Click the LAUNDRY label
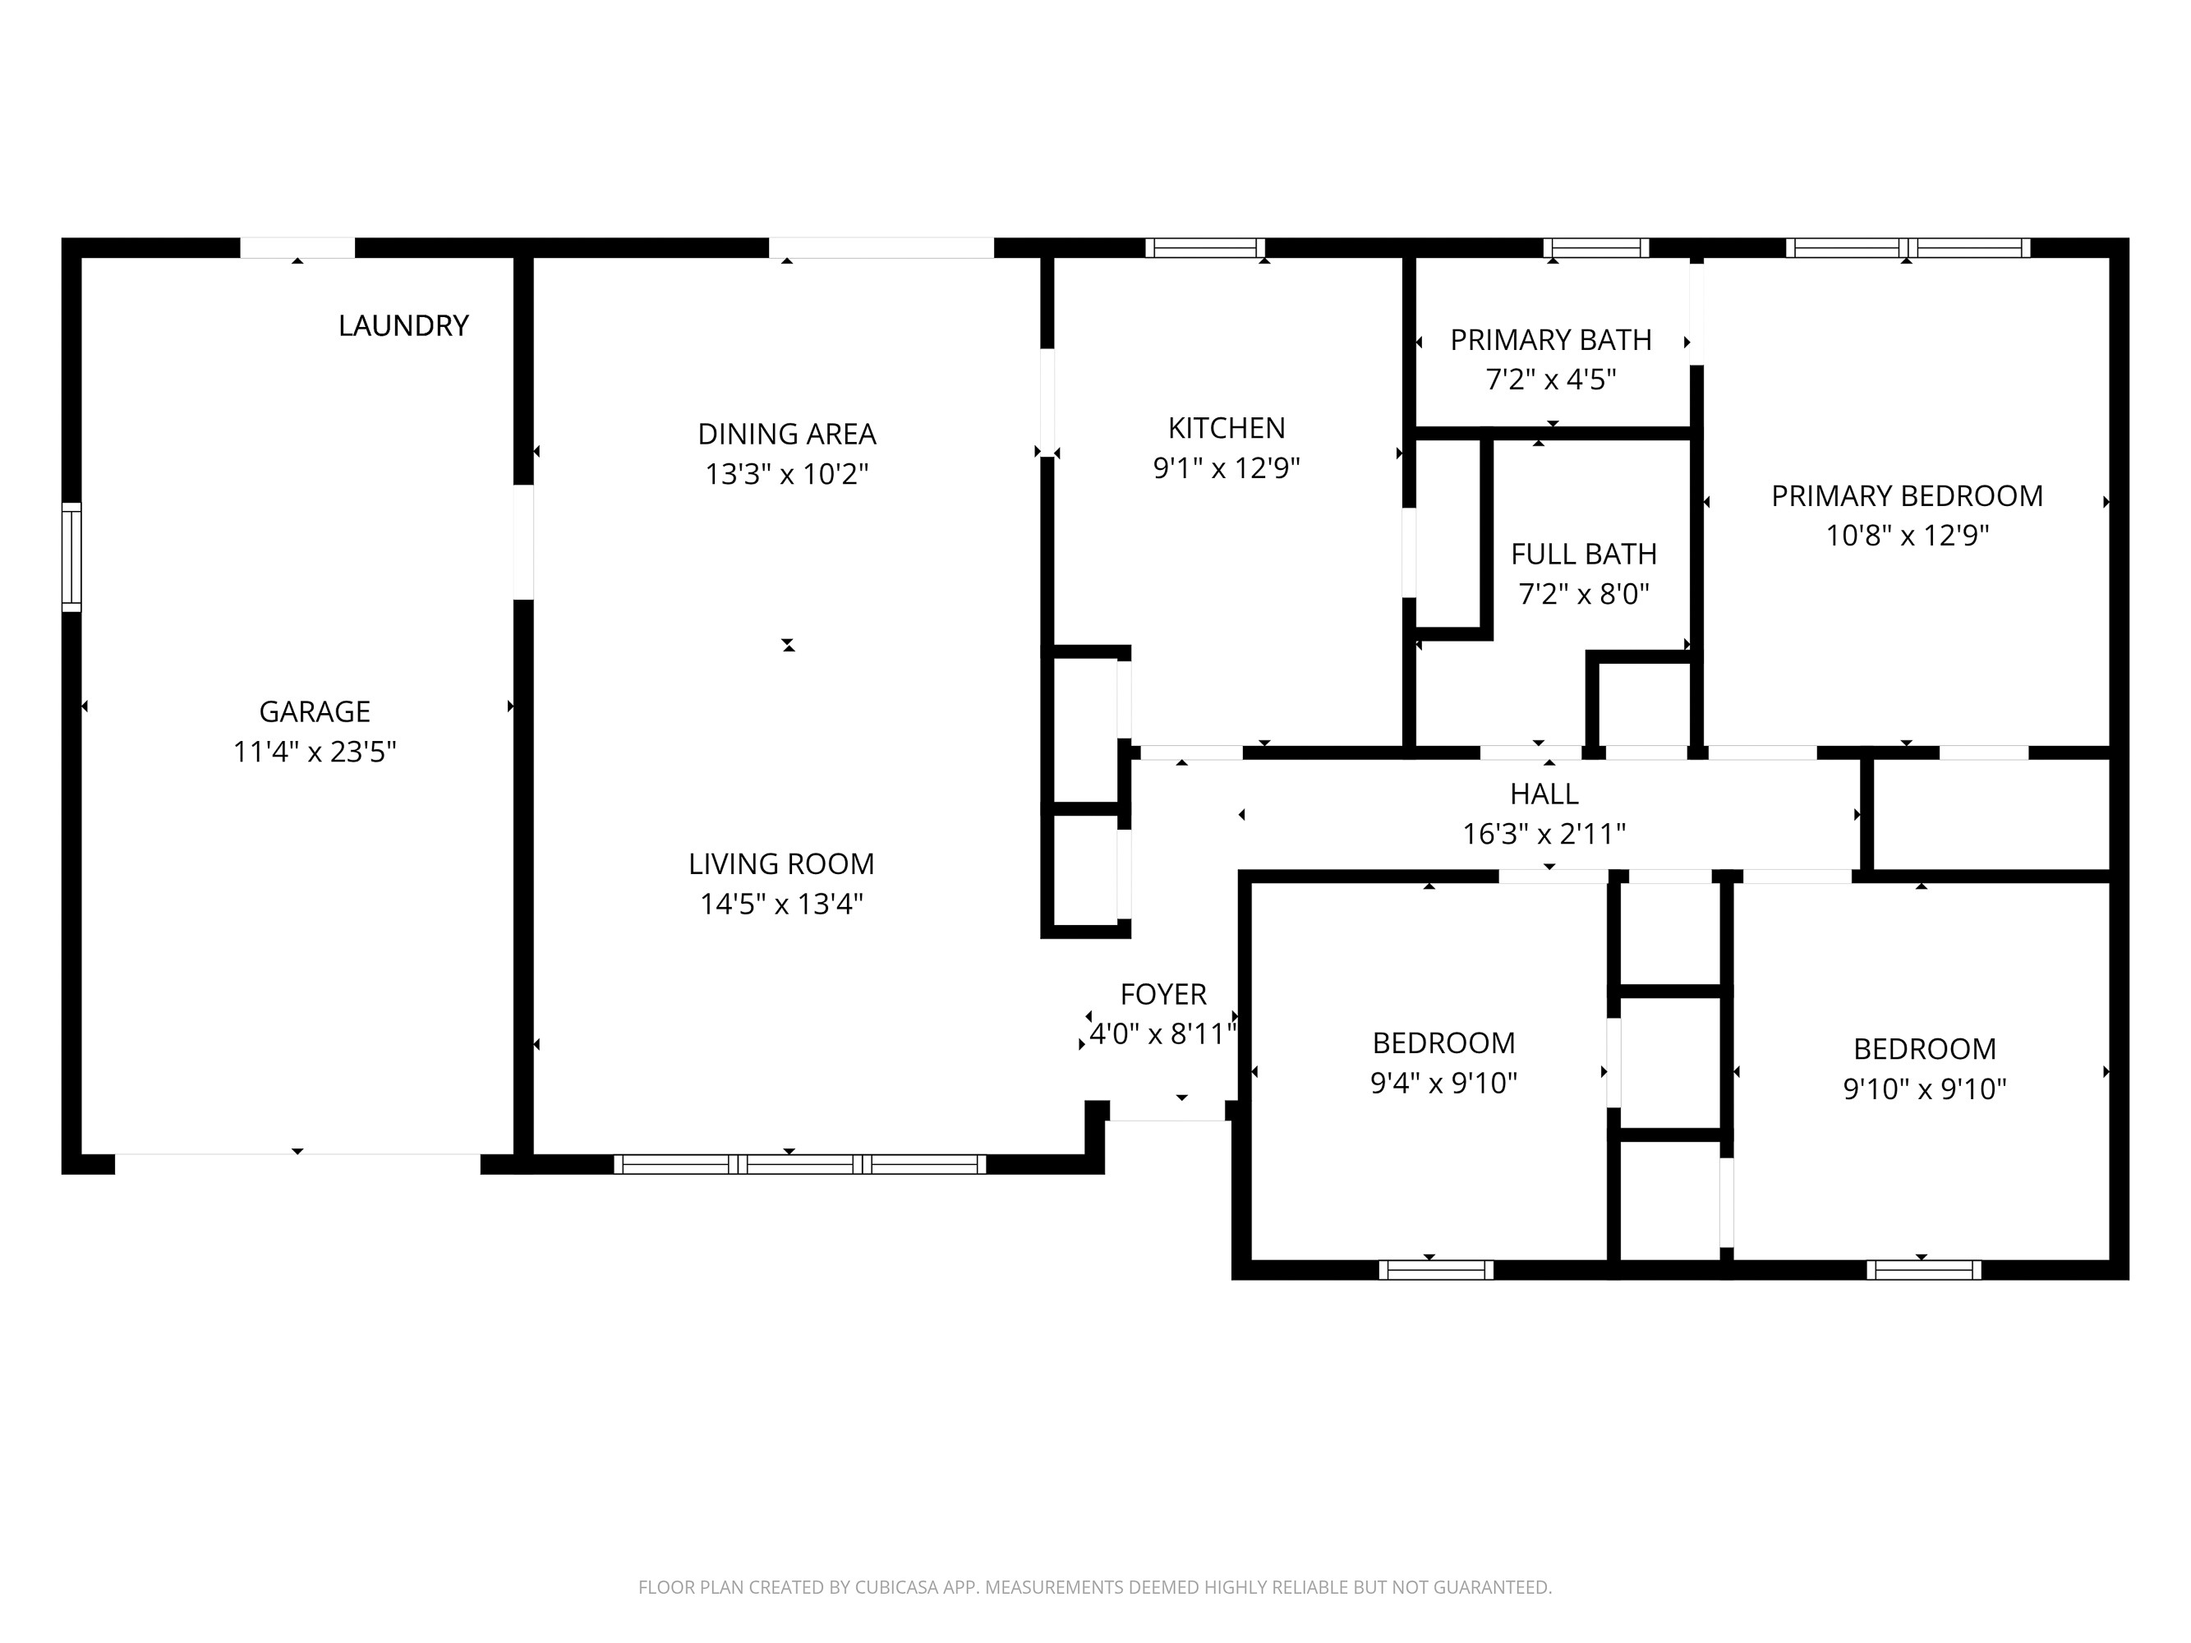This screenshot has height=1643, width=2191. [x=403, y=326]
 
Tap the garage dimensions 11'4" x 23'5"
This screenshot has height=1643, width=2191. [x=314, y=752]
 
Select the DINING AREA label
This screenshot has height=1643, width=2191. [x=786, y=434]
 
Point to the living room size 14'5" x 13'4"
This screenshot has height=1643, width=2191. [x=781, y=904]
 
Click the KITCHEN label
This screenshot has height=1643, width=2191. [x=1227, y=428]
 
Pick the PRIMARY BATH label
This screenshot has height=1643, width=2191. [x=1550, y=340]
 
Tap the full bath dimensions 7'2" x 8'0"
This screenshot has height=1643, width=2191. [x=1583, y=594]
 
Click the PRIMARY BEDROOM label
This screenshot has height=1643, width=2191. [x=1906, y=495]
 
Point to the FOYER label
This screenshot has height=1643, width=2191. [x=1162, y=993]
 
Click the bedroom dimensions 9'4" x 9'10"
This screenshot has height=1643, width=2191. [x=1443, y=1084]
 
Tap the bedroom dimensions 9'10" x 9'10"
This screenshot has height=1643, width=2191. [x=1923, y=1089]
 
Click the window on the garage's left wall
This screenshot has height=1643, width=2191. [x=71, y=557]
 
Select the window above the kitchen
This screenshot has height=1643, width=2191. [x=1205, y=247]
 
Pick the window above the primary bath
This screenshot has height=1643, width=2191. [x=1595, y=247]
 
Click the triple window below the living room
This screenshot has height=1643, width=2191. [x=799, y=1165]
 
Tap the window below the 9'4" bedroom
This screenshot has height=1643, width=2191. [x=1435, y=1271]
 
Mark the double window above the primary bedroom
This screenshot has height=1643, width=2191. [x=1908, y=247]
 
